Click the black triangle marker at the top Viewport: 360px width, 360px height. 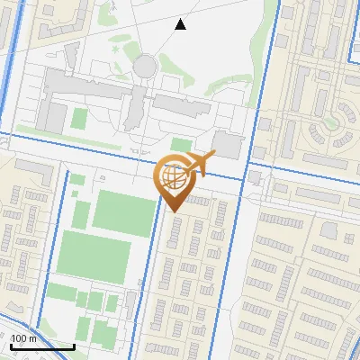coord(181,24)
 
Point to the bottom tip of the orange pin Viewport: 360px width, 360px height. coord(173,211)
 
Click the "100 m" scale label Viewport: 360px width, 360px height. coord(24,338)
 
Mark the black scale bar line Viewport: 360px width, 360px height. coord(41,346)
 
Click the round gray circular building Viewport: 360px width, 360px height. coord(144,65)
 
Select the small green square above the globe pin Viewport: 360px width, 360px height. coord(182,145)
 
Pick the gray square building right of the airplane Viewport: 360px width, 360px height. coord(229,144)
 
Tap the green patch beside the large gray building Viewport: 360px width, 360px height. coord(79,118)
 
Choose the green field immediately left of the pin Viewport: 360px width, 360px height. coord(124,212)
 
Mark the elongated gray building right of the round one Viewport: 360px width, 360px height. coord(181,103)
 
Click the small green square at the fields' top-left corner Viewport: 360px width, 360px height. coord(76,180)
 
